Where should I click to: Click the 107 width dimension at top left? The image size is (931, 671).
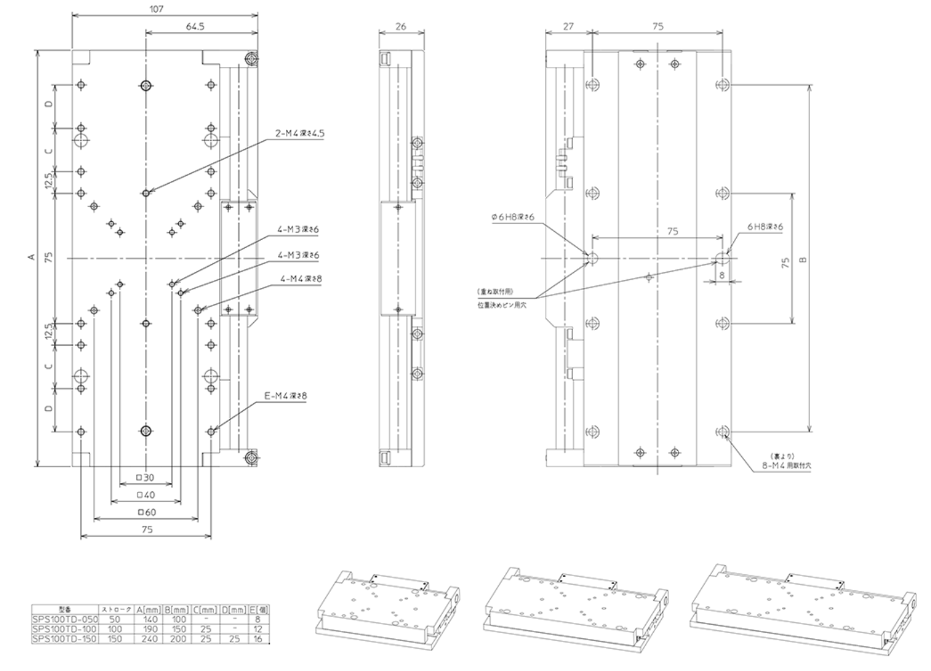tap(156, 9)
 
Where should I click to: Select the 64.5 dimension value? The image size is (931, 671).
tap(195, 27)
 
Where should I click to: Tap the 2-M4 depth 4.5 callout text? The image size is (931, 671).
tap(300, 133)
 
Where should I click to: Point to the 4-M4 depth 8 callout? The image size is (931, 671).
tap(299, 279)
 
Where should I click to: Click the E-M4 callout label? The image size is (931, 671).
tap(286, 396)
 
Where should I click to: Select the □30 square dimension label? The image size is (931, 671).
tap(145, 478)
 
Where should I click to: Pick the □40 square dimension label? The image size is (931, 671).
tap(145, 495)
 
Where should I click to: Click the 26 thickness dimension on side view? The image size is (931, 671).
tap(401, 27)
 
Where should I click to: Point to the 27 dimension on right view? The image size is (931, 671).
tap(568, 27)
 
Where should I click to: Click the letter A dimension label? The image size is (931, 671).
tap(31, 258)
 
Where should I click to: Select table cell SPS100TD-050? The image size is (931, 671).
tap(65, 620)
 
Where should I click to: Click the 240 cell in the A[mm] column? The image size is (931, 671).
tap(150, 639)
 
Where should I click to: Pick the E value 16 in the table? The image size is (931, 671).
tap(258, 639)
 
